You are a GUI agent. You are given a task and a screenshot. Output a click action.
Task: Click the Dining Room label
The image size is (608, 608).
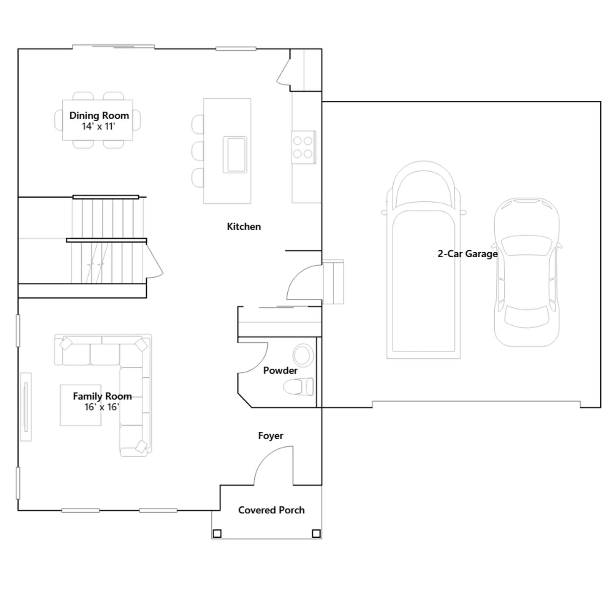99,116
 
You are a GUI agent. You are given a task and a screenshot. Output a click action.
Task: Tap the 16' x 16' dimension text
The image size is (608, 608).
102,407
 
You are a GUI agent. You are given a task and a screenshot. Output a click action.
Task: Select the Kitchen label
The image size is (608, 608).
244,226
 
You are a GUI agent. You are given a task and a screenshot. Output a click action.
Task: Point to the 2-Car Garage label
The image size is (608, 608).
468,254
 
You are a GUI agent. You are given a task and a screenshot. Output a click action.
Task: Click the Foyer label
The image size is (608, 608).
271,436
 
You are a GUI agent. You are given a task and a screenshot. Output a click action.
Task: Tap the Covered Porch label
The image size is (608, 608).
271,510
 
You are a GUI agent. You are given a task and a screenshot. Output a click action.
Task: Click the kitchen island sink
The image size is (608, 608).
235,155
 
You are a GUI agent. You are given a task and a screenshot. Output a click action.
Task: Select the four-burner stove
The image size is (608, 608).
303,147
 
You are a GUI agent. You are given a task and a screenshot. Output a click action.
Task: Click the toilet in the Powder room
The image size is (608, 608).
299,387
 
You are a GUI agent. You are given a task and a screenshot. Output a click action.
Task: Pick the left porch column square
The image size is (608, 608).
217,534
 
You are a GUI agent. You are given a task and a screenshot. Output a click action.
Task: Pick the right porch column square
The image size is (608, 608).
316,534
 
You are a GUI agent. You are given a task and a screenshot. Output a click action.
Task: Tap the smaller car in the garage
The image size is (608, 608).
527,272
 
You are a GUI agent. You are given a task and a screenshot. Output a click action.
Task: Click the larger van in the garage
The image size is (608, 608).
424,260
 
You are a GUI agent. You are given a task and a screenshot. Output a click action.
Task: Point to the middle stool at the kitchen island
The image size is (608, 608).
198,151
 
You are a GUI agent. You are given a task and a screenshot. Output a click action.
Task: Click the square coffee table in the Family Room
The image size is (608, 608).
81,405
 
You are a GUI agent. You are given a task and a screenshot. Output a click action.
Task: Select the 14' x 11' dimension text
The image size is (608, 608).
98,127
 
